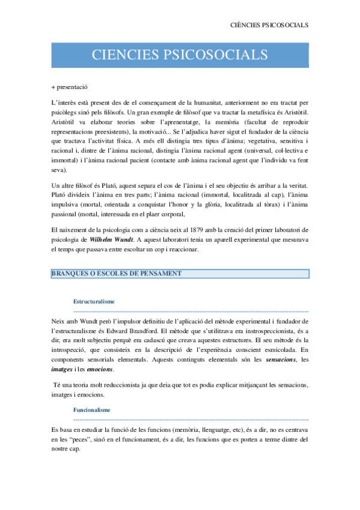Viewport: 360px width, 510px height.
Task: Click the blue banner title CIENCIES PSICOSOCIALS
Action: tap(180, 55)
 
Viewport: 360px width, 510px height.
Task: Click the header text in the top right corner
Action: tap(270, 25)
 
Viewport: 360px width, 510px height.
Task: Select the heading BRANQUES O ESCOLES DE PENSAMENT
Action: tap(117, 274)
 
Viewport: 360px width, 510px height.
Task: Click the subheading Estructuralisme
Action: tap(94, 301)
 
